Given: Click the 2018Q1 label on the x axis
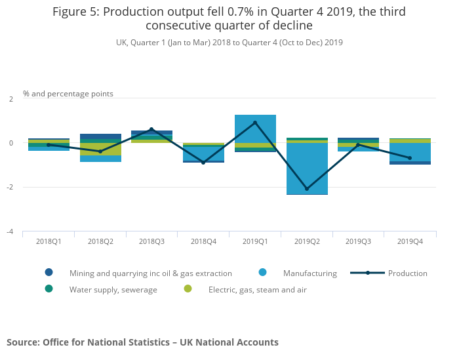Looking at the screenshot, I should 49,241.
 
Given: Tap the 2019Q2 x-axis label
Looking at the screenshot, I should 307,241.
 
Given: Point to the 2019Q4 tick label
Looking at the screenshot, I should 410,241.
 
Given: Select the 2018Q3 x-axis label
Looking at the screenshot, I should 151,241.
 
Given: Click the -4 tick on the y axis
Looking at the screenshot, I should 10,231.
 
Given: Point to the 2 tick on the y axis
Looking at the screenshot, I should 10,99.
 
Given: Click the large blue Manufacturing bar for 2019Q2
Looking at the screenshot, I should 307,168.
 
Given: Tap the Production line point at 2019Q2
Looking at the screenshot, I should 307,189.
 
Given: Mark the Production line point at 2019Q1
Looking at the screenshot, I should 255,123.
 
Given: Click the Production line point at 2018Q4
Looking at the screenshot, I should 203,163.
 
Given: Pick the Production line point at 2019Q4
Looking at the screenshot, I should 410,158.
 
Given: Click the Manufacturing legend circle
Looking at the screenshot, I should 262,273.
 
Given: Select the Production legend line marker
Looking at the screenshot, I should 367,273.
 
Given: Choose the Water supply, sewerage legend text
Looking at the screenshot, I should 113,289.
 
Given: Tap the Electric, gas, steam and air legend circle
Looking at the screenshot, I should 188,289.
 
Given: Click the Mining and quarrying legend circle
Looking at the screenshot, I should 49,273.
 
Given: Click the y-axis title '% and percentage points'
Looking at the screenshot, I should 68,94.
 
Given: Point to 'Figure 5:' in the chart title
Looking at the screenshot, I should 77,12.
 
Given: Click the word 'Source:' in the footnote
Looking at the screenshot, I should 23,342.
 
